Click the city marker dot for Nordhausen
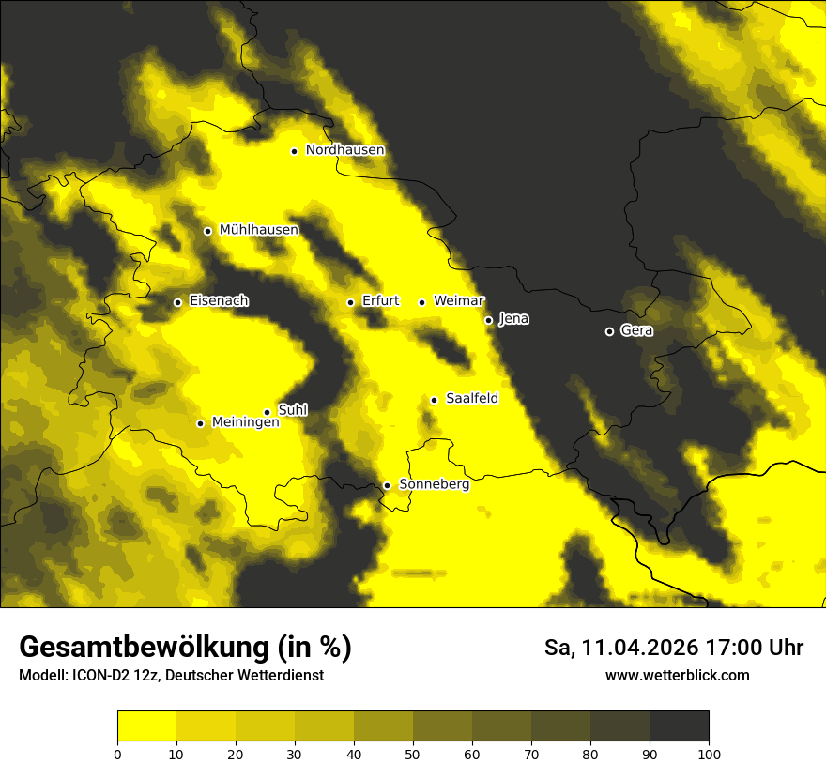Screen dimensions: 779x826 [294, 151]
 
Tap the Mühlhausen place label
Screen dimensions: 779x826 [258, 230]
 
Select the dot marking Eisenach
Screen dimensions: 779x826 [177, 302]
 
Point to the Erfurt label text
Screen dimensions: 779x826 [380, 301]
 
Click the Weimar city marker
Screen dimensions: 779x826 [421, 302]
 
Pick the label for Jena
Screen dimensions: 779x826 [513, 319]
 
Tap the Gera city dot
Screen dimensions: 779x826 [609, 331]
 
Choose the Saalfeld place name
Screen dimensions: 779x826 [472, 399]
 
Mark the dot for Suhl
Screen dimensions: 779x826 [267, 412]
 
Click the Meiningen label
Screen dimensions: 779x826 [246, 423]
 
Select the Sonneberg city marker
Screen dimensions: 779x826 [387, 485]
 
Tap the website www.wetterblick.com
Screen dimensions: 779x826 [677, 676]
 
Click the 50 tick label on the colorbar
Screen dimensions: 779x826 [413, 754]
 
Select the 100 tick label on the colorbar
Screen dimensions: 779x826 [709, 754]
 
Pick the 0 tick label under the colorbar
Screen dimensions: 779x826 [117, 754]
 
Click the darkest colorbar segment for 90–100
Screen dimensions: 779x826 [679, 726]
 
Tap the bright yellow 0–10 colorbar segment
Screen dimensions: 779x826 [146, 726]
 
